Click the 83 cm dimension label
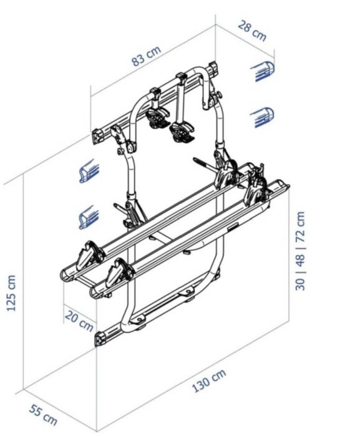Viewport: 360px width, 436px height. coord(147,56)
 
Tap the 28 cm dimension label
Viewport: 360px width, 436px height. coord(252,31)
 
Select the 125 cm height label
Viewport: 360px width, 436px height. coord(11,293)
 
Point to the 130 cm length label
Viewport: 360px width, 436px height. coord(209,380)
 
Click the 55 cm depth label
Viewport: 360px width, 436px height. coord(44,415)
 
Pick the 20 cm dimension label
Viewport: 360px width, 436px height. coord(79,321)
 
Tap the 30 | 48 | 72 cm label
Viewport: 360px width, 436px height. coord(300,251)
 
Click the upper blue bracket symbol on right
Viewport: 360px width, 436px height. coord(262,71)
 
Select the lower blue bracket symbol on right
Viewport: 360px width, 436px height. coord(262,117)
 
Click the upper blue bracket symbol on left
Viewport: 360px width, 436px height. coord(89,171)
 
